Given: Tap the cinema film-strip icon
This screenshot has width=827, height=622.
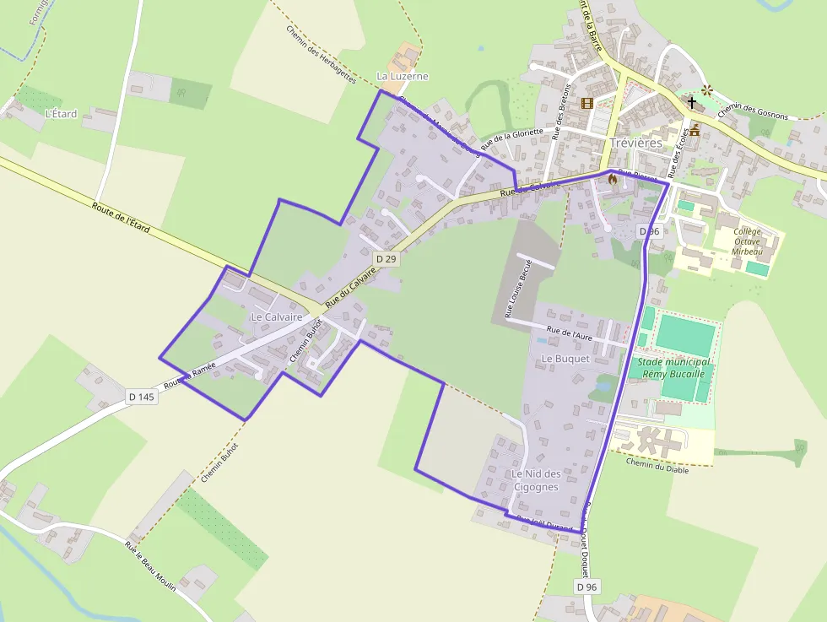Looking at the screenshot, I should coord(586,104).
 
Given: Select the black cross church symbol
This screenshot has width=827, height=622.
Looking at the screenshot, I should coord(692,103).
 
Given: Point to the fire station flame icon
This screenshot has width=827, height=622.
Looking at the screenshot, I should coord(613,179).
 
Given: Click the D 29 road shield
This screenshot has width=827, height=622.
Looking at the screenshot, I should coord(386,259).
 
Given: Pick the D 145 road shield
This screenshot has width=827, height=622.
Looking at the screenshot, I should coord(142,397).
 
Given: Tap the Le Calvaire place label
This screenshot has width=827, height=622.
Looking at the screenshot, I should coord(276,316).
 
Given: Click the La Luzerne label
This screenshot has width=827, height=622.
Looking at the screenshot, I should coord(403,76).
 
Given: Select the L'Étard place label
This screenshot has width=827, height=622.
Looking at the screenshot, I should coord(61,113).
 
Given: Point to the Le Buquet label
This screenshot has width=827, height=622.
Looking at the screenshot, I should coord(565,358).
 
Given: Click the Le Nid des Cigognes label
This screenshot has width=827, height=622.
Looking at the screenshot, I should coord(535,480).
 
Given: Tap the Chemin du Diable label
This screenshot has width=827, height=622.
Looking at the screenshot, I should coord(657,465).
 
